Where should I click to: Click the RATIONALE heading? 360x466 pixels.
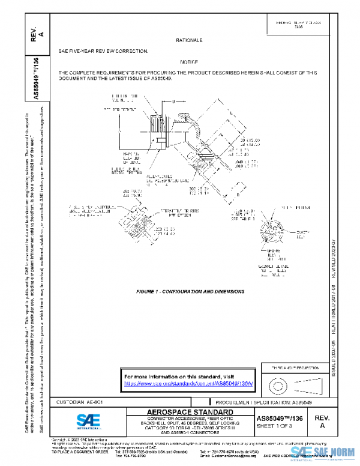(189, 40)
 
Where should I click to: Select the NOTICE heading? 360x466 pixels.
(189, 62)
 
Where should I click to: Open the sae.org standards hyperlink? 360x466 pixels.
(189, 383)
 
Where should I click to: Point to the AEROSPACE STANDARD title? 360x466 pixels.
(190, 412)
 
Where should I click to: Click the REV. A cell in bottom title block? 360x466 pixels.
(322, 420)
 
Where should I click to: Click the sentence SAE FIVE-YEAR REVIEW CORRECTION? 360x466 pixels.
(103, 52)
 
